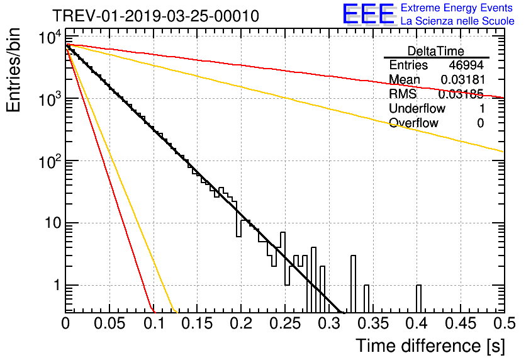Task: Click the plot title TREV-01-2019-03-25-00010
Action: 155,16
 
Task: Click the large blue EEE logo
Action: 368,14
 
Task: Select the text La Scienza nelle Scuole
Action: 457,21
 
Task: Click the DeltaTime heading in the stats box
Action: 436,51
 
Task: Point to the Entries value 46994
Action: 466,65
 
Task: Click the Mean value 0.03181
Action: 462,80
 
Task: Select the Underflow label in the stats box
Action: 417,108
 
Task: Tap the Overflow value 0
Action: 480,123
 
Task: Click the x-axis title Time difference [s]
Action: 430,346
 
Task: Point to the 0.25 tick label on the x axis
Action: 285,324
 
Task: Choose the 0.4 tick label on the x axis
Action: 417,324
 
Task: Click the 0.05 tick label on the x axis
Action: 109,324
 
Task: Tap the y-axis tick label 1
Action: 55,285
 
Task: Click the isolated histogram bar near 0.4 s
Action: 419,299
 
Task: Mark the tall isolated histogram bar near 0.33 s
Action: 354,283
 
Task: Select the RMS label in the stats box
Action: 401,94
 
